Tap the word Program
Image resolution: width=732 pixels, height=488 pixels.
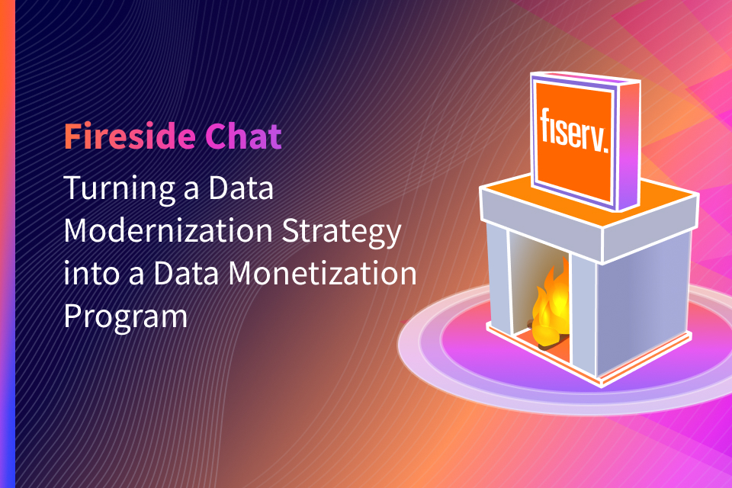125,316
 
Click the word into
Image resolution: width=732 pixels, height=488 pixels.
85,272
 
